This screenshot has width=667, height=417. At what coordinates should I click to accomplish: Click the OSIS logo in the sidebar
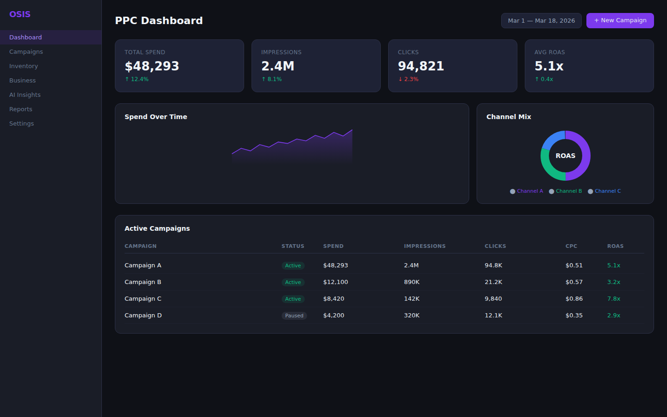coord(20,14)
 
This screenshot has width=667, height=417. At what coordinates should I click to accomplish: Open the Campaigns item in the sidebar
coord(26,52)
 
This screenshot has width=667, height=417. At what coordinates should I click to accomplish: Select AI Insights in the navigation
coord(25,95)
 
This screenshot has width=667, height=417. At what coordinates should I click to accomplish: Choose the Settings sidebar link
coord(21,124)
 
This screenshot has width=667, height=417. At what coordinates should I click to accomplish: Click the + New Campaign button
coord(620,20)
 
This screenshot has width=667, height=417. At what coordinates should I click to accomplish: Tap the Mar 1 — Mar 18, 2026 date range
coord(541,21)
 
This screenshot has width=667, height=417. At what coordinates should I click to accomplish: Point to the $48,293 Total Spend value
coord(152,66)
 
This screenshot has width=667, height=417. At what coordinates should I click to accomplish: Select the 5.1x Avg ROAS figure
coord(549,66)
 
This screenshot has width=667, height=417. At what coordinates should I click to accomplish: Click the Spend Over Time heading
coord(156,117)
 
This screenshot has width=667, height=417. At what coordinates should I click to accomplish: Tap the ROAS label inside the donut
coord(565,156)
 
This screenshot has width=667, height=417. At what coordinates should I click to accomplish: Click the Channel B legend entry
coord(566,191)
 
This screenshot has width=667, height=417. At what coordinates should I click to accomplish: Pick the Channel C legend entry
coord(604,191)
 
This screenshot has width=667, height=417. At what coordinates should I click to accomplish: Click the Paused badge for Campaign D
coord(294,316)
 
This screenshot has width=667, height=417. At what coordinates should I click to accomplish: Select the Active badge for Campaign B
coord(293,283)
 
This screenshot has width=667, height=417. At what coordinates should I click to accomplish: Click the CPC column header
coord(571,246)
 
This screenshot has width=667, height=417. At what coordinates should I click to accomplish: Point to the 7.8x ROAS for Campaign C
coord(614,299)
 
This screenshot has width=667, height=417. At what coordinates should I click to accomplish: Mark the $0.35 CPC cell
coord(574,316)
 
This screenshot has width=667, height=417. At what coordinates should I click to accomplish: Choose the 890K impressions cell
coord(412,282)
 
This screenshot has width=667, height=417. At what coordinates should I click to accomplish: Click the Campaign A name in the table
coord(143,265)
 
